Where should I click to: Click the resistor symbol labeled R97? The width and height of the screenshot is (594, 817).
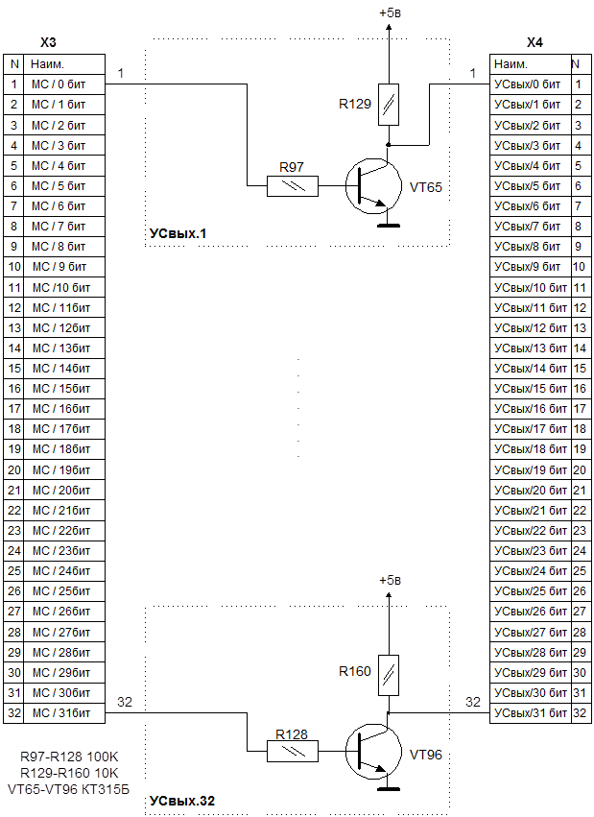(293, 184)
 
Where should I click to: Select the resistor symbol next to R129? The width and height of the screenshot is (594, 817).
(389, 103)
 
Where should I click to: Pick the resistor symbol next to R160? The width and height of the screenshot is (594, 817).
(389, 671)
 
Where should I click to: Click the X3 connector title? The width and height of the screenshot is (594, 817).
(49, 43)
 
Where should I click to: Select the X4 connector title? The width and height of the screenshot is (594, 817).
(535, 43)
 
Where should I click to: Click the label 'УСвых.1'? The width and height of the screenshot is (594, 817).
(178, 233)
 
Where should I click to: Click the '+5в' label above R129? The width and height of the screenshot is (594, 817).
(390, 12)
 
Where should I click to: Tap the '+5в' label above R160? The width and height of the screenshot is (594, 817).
(390, 581)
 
